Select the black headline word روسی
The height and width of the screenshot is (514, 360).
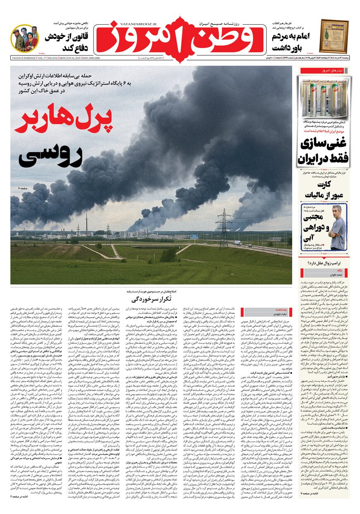click(x=50, y=156)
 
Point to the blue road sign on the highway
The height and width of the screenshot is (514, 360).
click(x=194, y=236)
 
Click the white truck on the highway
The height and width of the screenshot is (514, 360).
click(x=238, y=243)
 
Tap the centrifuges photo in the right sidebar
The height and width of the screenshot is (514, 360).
click(x=325, y=97)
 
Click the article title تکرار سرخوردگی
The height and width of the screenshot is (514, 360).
click(x=151, y=298)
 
